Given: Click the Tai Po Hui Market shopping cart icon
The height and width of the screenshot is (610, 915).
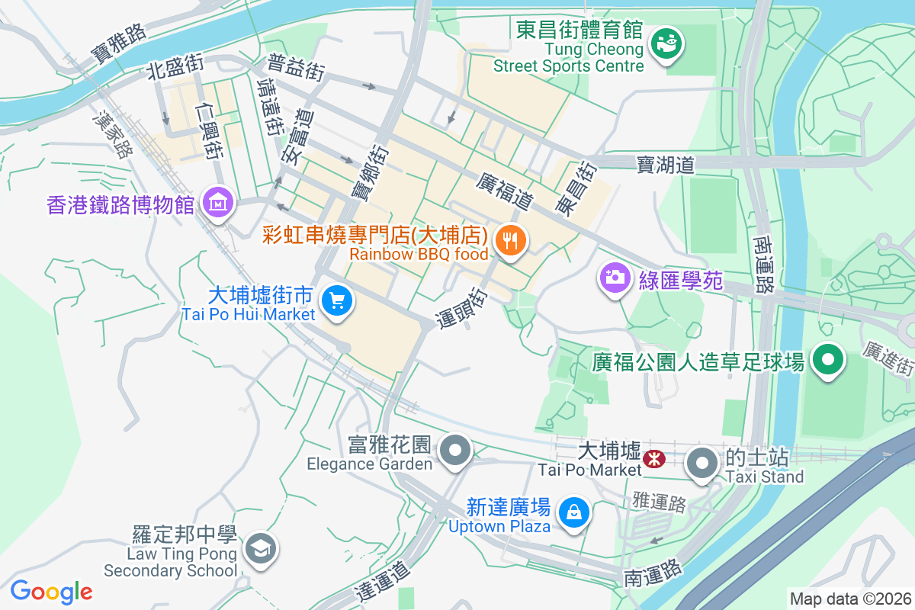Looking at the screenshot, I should pyautogui.click(x=336, y=300).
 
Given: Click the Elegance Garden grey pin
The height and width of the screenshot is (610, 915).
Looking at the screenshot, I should pyautogui.click(x=456, y=450).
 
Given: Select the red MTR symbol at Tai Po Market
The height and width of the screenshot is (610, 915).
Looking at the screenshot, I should pyautogui.click(x=653, y=458).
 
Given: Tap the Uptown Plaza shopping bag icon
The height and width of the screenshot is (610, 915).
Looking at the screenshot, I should pyautogui.click(x=573, y=512).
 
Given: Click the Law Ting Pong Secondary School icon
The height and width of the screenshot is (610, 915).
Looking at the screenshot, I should pyautogui.click(x=261, y=547).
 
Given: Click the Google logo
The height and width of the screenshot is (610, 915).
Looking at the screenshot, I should pyautogui.click(x=51, y=592).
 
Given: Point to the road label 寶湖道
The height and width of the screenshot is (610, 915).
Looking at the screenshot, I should pyautogui.click(x=666, y=163).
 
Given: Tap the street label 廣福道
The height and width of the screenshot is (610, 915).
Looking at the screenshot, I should pyautogui.click(x=504, y=191).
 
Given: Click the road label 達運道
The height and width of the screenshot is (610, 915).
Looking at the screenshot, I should pyautogui.click(x=384, y=582).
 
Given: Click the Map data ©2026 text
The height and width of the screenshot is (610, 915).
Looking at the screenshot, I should pyautogui.click(x=849, y=599).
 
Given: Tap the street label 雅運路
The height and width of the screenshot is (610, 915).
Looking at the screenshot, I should pyautogui.click(x=660, y=502).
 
